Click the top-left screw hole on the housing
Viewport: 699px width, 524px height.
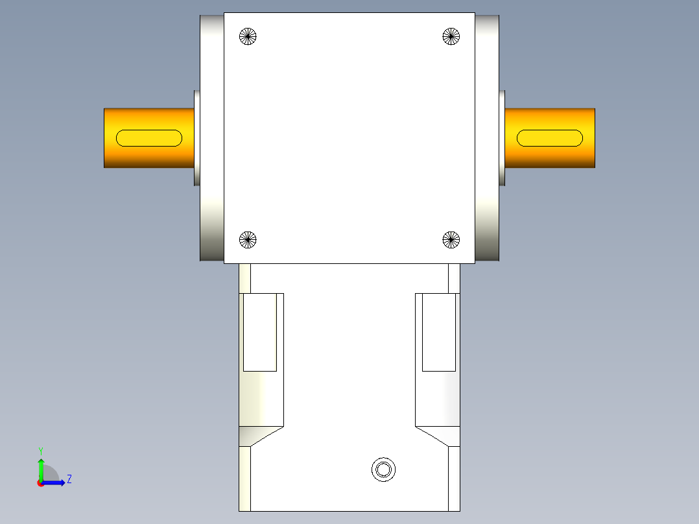point(248,36)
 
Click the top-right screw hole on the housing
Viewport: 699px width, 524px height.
point(451,36)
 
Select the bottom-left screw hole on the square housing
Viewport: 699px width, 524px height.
point(248,240)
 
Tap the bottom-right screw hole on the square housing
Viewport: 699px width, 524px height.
point(451,240)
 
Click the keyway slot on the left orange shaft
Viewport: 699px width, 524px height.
point(149,137)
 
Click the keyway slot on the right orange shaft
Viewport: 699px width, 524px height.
point(550,137)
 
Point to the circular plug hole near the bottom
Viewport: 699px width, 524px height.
point(383,469)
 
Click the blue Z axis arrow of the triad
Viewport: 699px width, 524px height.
point(56,482)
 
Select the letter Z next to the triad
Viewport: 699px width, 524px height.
point(69,479)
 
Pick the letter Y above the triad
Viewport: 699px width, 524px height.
point(40,451)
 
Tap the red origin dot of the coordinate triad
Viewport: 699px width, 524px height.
point(41,483)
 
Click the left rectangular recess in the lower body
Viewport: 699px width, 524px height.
point(260,332)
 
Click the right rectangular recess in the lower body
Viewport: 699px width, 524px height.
point(439,332)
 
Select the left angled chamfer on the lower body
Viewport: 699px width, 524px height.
point(261,436)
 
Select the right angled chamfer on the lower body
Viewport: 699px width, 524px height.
point(438,436)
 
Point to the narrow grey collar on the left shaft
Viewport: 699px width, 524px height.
point(196,137)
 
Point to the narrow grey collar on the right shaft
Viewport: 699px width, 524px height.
point(502,137)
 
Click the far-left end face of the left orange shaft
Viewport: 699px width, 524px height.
point(105,137)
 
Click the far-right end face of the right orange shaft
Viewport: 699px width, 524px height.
point(593,137)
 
